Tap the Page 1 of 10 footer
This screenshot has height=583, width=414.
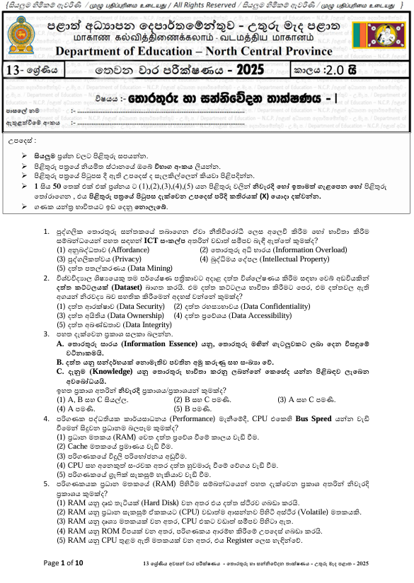point(64,563)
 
